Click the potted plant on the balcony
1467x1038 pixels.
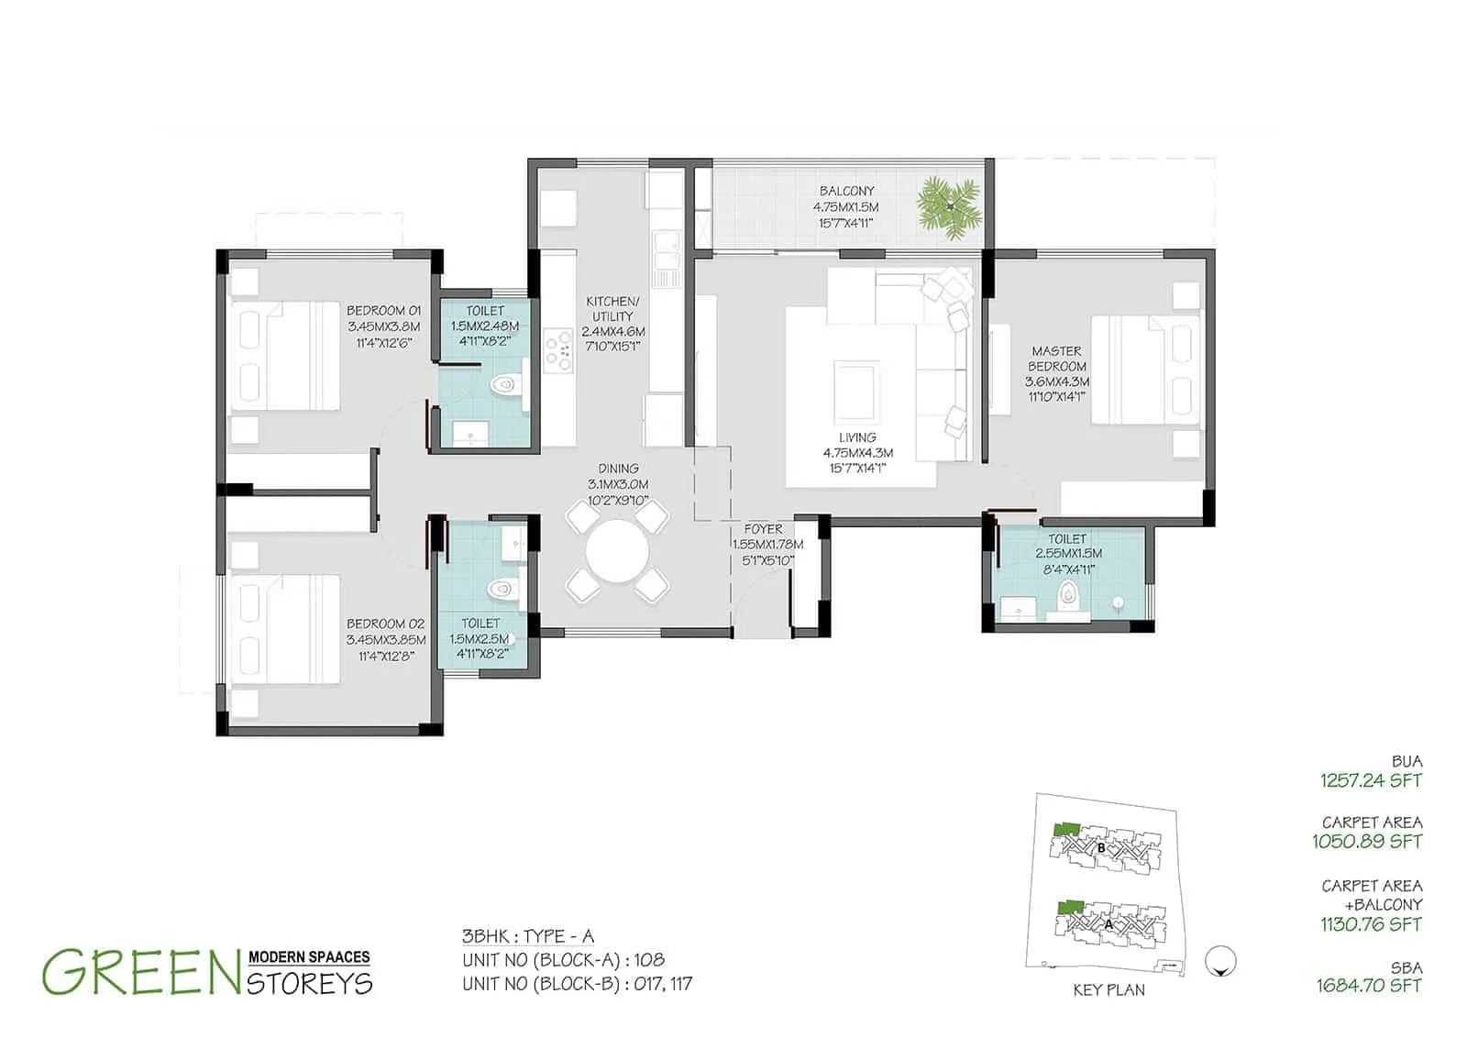pyautogui.click(x=950, y=207)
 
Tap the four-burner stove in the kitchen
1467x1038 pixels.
pyautogui.click(x=558, y=350)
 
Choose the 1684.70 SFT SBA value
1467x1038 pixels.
pyautogui.click(x=1369, y=986)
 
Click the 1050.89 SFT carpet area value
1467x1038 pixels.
pyautogui.click(x=1367, y=841)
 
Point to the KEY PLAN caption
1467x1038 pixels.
pyautogui.click(x=1109, y=990)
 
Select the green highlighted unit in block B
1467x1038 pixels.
pyautogui.click(x=1065, y=829)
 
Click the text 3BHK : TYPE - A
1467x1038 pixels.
pyautogui.click(x=528, y=936)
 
